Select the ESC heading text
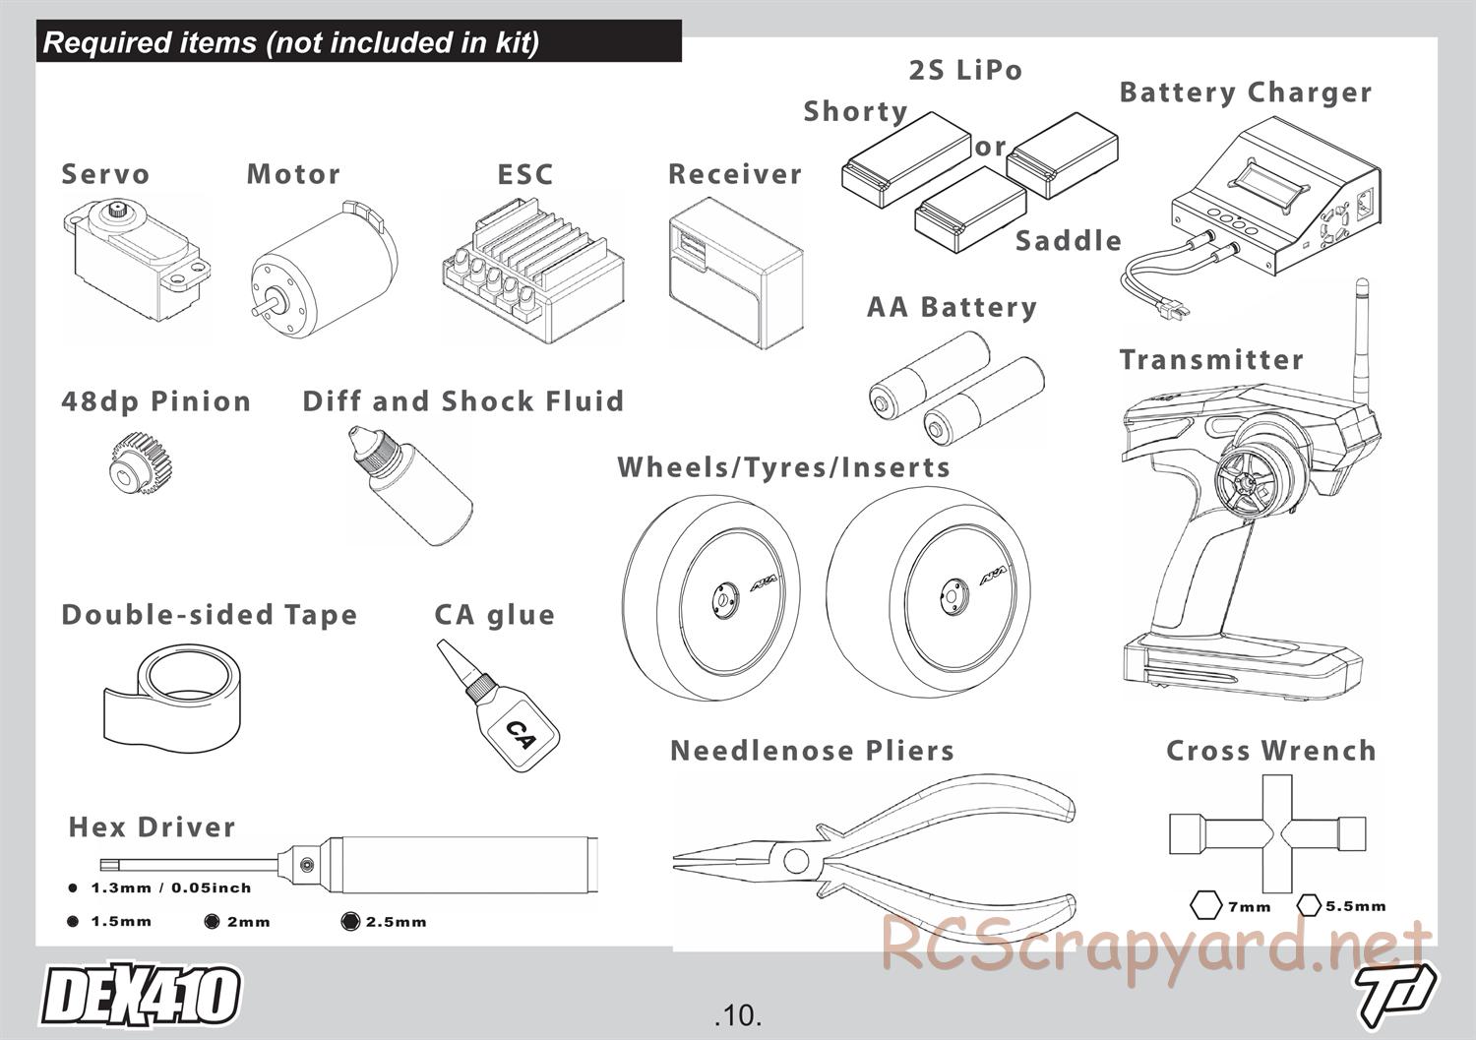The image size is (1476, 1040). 525,175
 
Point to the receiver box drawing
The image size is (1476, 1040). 734,273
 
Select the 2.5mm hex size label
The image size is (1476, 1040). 396,922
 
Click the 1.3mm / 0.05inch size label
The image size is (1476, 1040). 170,887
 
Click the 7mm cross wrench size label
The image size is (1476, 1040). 1249,906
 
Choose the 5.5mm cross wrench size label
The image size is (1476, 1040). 1355,905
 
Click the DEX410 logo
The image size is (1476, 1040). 140,996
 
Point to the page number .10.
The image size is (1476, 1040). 738,1014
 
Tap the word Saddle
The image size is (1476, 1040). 1068,241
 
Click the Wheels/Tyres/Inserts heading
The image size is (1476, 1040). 783,467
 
